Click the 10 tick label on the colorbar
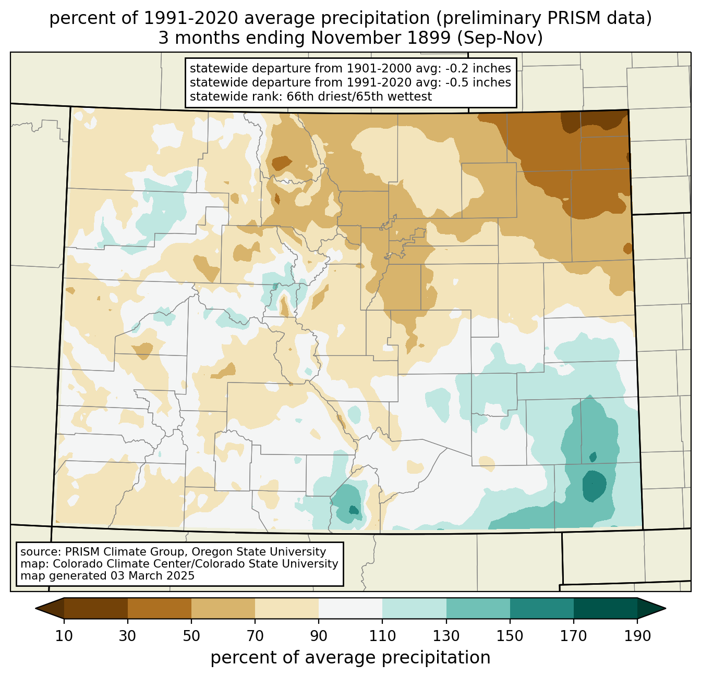pyautogui.click(x=64, y=636)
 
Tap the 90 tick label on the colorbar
pyautogui.click(x=319, y=636)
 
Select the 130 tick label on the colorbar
pyautogui.click(x=446, y=636)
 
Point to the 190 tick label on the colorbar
pyautogui.click(x=637, y=636)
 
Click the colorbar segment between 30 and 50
pyautogui.click(x=159, y=608)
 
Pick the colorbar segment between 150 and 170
pyautogui.click(x=542, y=608)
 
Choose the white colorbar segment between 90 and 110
pyautogui.click(x=350, y=608)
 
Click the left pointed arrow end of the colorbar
pyautogui.click(x=50, y=608)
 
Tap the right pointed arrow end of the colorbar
pyautogui.click(x=651, y=608)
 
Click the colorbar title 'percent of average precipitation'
pyautogui.click(x=350, y=658)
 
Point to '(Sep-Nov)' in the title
pyautogui.click(x=500, y=38)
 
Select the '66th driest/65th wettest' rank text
pyautogui.click(x=359, y=96)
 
